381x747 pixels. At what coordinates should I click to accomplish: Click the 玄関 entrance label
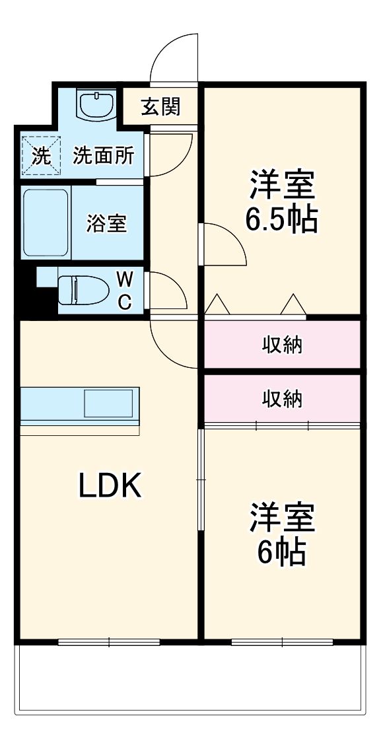coord(160,106)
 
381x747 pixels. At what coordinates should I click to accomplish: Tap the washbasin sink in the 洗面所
coord(96,103)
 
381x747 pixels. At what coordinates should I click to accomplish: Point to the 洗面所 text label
coord(104,156)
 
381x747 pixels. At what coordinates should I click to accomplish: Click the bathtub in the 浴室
coord(46,223)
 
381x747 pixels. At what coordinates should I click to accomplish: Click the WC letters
coord(124,290)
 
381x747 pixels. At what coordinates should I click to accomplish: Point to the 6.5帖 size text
coord(282,219)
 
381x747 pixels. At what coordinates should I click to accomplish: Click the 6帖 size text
coord(282,552)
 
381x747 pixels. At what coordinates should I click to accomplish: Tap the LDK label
coord(110,487)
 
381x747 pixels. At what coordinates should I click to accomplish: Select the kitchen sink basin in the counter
coord(108,402)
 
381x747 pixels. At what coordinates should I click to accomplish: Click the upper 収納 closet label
coord(283,344)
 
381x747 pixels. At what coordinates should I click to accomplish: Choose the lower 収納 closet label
coord(283,398)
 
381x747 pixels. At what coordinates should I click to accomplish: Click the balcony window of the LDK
coord(109,641)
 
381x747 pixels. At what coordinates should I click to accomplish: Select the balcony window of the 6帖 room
coord(283,641)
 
